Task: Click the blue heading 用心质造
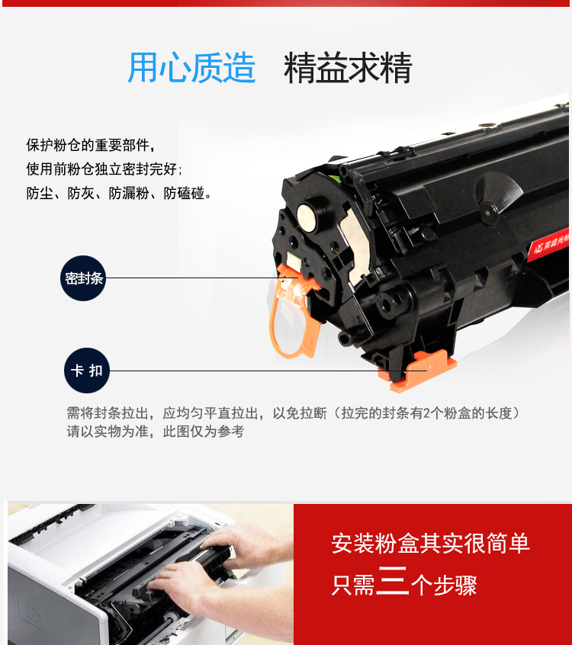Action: (x=191, y=67)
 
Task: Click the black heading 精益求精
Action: (x=348, y=67)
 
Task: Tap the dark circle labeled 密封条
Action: (x=83, y=278)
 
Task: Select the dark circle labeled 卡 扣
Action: (x=87, y=371)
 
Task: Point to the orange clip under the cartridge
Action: (x=418, y=371)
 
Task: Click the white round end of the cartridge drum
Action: (x=307, y=217)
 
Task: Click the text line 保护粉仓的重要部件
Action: (x=91, y=145)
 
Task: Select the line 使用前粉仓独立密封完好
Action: (x=104, y=168)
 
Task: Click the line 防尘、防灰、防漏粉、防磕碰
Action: (x=119, y=193)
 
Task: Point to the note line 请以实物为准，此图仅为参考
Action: (x=156, y=431)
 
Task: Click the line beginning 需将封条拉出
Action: (x=294, y=413)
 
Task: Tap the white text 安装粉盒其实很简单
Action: (x=430, y=543)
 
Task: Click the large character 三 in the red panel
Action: (x=393, y=580)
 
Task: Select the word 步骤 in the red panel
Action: (x=455, y=585)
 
